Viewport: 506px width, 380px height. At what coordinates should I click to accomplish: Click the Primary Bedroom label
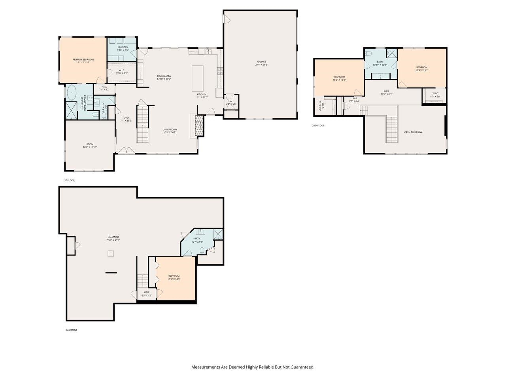click(83, 60)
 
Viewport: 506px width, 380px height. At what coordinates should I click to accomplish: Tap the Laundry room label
click(123, 47)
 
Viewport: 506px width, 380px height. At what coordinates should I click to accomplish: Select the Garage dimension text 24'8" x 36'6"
click(262, 65)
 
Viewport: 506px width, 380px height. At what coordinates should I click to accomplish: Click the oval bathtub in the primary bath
click(72, 93)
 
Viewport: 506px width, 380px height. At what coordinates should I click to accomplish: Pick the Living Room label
click(170, 129)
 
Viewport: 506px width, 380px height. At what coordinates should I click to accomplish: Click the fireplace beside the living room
click(200, 126)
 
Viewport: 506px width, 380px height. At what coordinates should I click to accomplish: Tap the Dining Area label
click(164, 76)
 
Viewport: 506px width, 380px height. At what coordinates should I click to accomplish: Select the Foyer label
click(126, 118)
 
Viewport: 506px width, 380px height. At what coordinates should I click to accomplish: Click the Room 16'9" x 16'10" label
click(90, 144)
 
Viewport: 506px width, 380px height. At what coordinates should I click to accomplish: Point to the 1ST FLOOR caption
click(69, 180)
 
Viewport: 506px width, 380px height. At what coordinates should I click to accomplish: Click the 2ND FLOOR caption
click(318, 125)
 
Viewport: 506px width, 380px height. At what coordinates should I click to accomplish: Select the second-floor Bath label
click(379, 62)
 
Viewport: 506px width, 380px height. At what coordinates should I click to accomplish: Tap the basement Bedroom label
click(174, 276)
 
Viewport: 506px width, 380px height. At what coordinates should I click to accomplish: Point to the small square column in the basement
click(111, 253)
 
